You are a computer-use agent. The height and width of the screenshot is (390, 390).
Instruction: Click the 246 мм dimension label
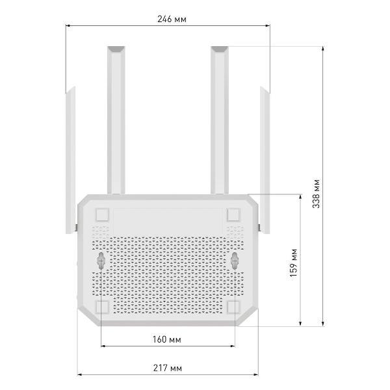point(172,19)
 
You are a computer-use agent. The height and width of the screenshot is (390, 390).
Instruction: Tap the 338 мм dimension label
point(316,194)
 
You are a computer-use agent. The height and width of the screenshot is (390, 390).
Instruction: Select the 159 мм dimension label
point(294,263)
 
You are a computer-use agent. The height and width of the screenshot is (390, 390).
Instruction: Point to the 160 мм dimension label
point(167,339)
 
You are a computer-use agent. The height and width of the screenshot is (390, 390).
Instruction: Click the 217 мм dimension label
point(168,368)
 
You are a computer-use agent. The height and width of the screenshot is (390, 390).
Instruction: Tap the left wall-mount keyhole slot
point(101,261)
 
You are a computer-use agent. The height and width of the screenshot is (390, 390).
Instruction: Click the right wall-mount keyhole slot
point(235,261)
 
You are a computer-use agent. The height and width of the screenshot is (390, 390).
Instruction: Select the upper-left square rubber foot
point(102,214)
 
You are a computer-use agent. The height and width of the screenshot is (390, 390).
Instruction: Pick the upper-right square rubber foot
point(233,214)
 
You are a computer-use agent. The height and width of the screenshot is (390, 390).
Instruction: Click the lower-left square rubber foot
point(102,307)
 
